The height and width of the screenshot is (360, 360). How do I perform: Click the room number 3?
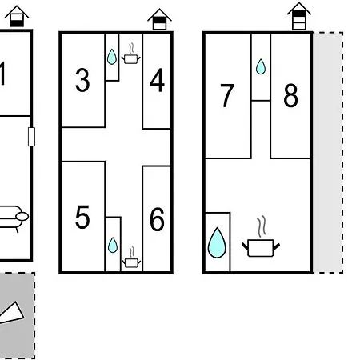pyautogui.click(x=82, y=80)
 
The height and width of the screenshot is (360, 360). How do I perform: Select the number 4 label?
pyautogui.click(x=157, y=80)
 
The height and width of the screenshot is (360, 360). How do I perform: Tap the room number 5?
pyautogui.click(x=82, y=217)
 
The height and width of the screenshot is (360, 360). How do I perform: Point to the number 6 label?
pyautogui.click(x=157, y=219)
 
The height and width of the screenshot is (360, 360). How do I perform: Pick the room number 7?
pyautogui.click(x=227, y=95)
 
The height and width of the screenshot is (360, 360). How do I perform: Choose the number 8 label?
pyautogui.click(x=290, y=95)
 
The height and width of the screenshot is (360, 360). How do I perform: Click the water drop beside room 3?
pyautogui.click(x=112, y=57)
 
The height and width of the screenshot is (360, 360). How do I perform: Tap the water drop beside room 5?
pyautogui.click(x=113, y=245)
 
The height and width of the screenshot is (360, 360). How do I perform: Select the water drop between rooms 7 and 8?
pyautogui.click(x=261, y=66)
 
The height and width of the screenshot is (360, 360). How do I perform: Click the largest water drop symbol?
pyautogui.click(x=217, y=243)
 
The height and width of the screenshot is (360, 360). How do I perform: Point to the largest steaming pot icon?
pyautogui.click(x=261, y=237)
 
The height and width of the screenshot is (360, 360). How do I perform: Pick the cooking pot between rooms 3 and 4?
pyautogui.click(x=131, y=54)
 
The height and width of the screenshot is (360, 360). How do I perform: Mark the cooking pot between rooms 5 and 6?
pyautogui.click(x=131, y=258)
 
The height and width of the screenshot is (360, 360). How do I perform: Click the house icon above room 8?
pyautogui.click(x=299, y=16)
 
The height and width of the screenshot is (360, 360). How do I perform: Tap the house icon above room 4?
pyautogui.click(x=159, y=19)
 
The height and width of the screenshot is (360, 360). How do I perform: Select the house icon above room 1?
pyautogui.click(x=17, y=16)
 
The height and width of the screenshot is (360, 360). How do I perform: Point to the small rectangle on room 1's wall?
pyautogui.click(x=31, y=137)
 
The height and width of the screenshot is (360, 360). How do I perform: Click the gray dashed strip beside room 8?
pyautogui.click(x=328, y=153)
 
